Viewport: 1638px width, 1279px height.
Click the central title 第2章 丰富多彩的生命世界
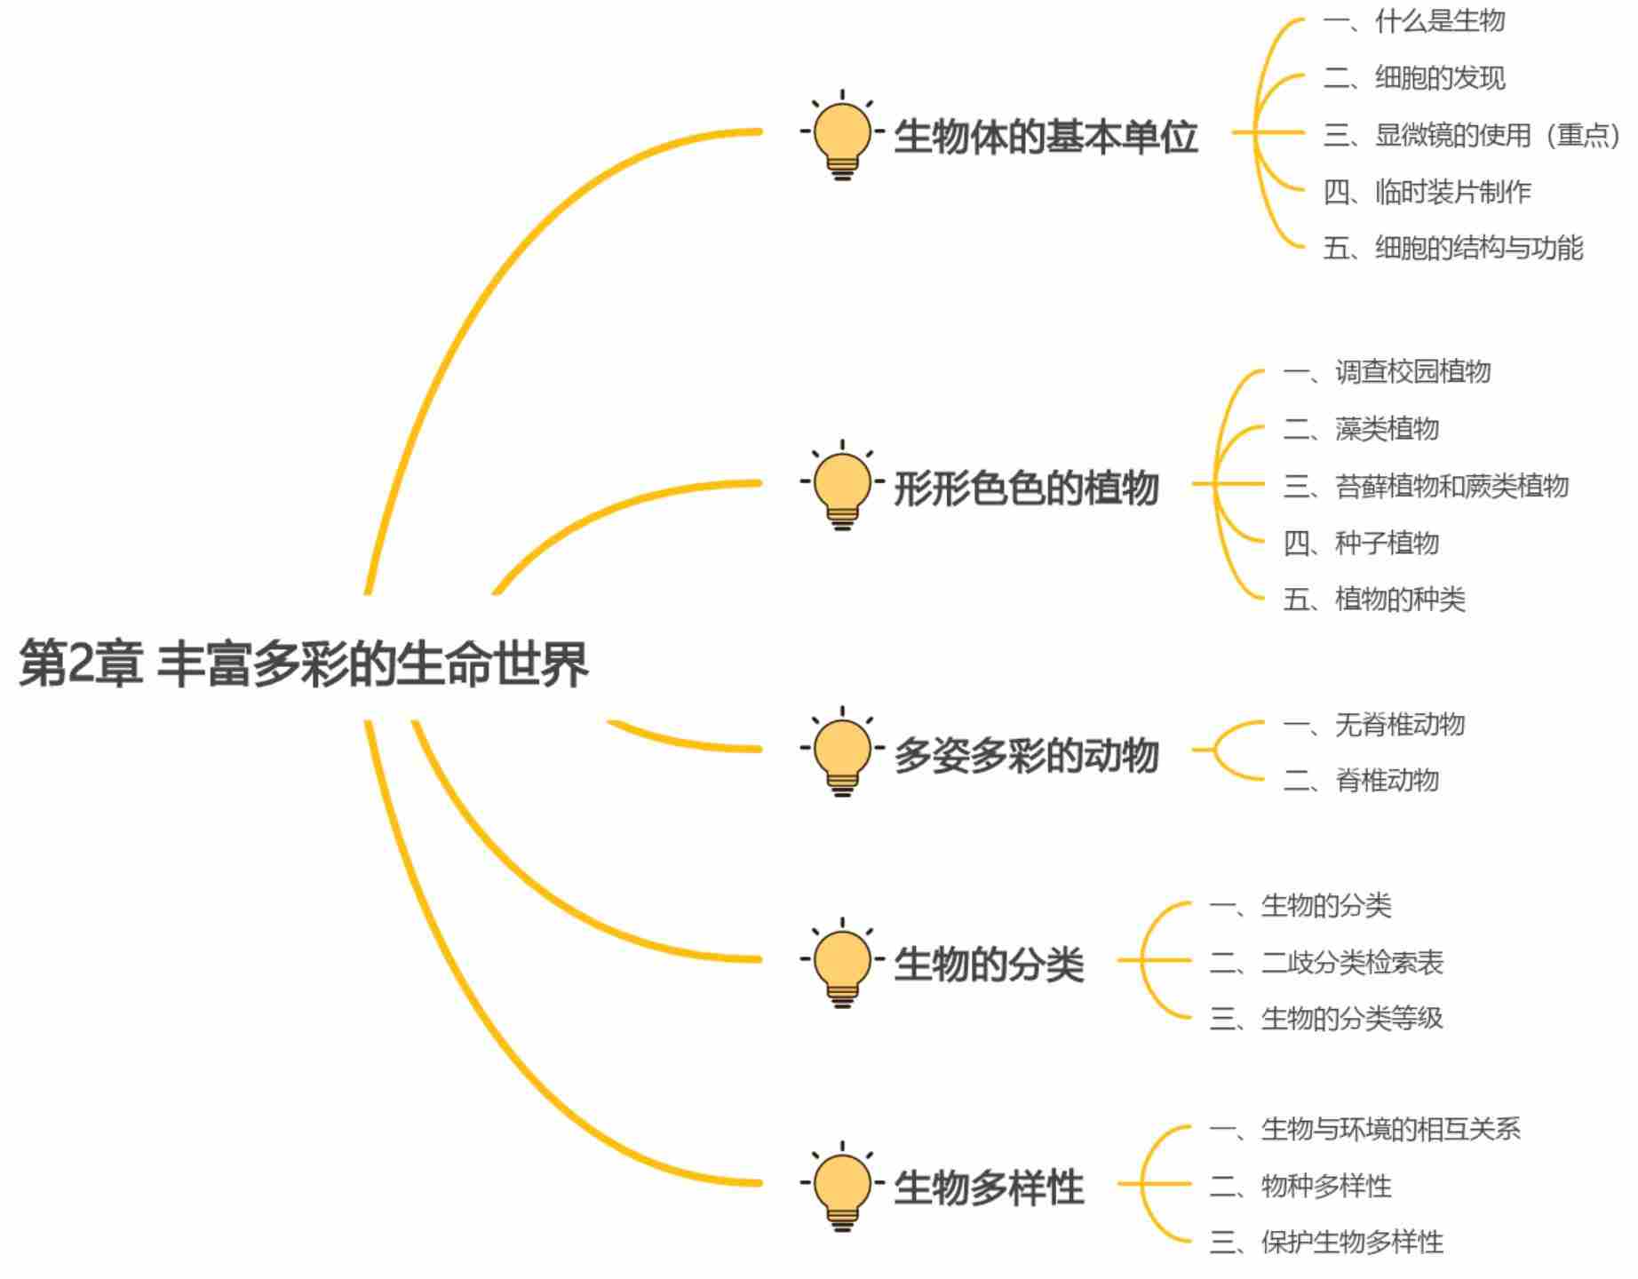[x=303, y=663]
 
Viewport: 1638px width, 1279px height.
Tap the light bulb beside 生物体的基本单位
[x=842, y=136]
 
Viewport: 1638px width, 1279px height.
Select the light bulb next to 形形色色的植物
[x=842, y=487]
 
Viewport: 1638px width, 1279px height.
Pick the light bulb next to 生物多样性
[x=842, y=1187]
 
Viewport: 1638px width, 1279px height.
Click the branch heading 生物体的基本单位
[x=1046, y=137]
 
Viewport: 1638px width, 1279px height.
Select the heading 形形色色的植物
[x=1026, y=488]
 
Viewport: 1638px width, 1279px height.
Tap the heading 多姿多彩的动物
[x=1026, y=755]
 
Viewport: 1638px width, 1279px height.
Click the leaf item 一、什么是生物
[x=1414, y=21]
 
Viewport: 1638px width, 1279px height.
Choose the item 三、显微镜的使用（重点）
[x=1472, y=135]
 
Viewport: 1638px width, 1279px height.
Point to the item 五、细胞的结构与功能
[x=1453, y=248]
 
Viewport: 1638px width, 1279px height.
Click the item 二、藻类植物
[x=1361, y=429]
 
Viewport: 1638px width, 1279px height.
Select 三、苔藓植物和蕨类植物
[x=1426, y=486]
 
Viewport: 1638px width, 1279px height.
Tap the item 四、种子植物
[x=1361, y=543]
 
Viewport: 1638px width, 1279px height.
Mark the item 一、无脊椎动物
[x=1374, y=725]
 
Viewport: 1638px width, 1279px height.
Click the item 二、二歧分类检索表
[x=1326, y=962]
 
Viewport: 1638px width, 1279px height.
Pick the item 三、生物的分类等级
[x=1326, y=1018]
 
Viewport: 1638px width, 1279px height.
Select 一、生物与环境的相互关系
[x=1365, y=1129]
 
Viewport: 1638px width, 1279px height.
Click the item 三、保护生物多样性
[x=1326, y=1242]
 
